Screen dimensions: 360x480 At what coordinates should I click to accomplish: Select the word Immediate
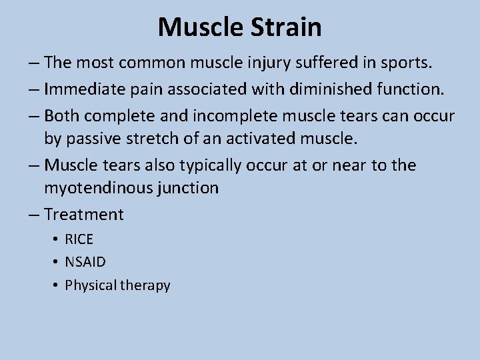point(91,89)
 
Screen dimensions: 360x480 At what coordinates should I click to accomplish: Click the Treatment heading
point(83,214)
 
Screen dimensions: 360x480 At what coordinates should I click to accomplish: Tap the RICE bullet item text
point(79,239)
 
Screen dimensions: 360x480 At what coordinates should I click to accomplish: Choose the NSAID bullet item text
point(85,262)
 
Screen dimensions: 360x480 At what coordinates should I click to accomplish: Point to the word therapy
point(145,285)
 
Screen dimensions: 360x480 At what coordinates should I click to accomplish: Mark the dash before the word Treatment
point(34,215)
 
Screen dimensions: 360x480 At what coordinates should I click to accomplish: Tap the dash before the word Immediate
point(34,90)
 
